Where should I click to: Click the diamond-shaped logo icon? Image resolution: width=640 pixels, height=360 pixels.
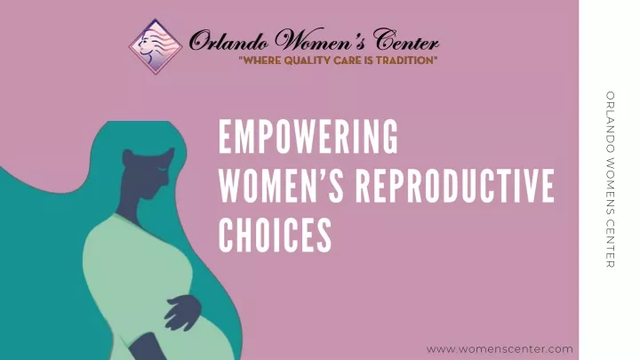[x=156, y=46]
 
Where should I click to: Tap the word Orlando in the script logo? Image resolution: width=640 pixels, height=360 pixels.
[x=228, y=41]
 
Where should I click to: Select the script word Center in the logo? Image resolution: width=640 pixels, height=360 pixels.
[x=406, y=40]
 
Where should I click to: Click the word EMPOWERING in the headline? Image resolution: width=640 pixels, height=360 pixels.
[x=308, y=136]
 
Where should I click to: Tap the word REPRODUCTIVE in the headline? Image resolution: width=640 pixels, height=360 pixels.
[x=455, y=186]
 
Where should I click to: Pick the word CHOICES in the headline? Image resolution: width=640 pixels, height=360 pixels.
[x=275, y=235]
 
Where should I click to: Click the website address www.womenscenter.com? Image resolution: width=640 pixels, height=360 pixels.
[x=500, y=349]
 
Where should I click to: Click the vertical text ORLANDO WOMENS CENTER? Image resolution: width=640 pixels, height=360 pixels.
[x=610, y=180]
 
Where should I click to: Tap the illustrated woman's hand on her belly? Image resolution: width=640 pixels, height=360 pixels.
[x=182, y=311]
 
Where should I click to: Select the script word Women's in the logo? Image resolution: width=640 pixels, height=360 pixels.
[x=320, y=40]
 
